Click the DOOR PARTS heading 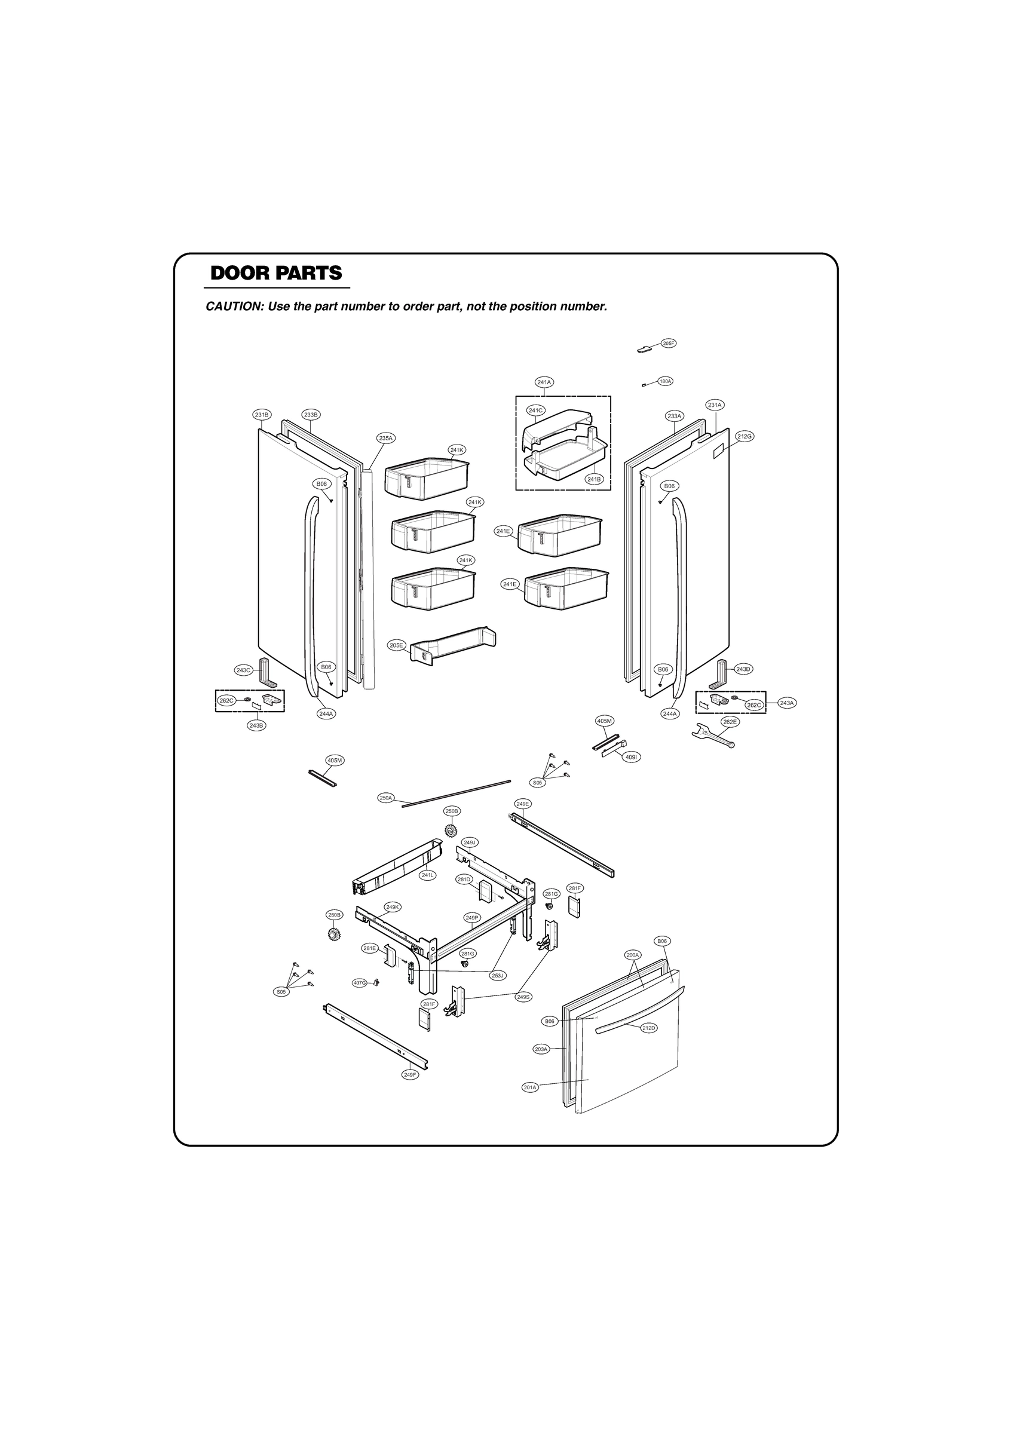click(x=276, y=273)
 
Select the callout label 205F click(x=668, y=343)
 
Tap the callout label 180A click(x=665, y=381)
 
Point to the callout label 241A click(x=544, y=382)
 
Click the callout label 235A click(x=385, y=438)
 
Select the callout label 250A click(x=386, y=798)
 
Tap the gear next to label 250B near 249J click(x=450, y=830)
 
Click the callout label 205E click(x=396, y=645)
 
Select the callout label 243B click(x=256, y=725)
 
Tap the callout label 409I click(x=632, y=756)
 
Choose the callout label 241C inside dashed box click(x=535, y=410)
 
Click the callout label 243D click(x=743, y=669)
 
